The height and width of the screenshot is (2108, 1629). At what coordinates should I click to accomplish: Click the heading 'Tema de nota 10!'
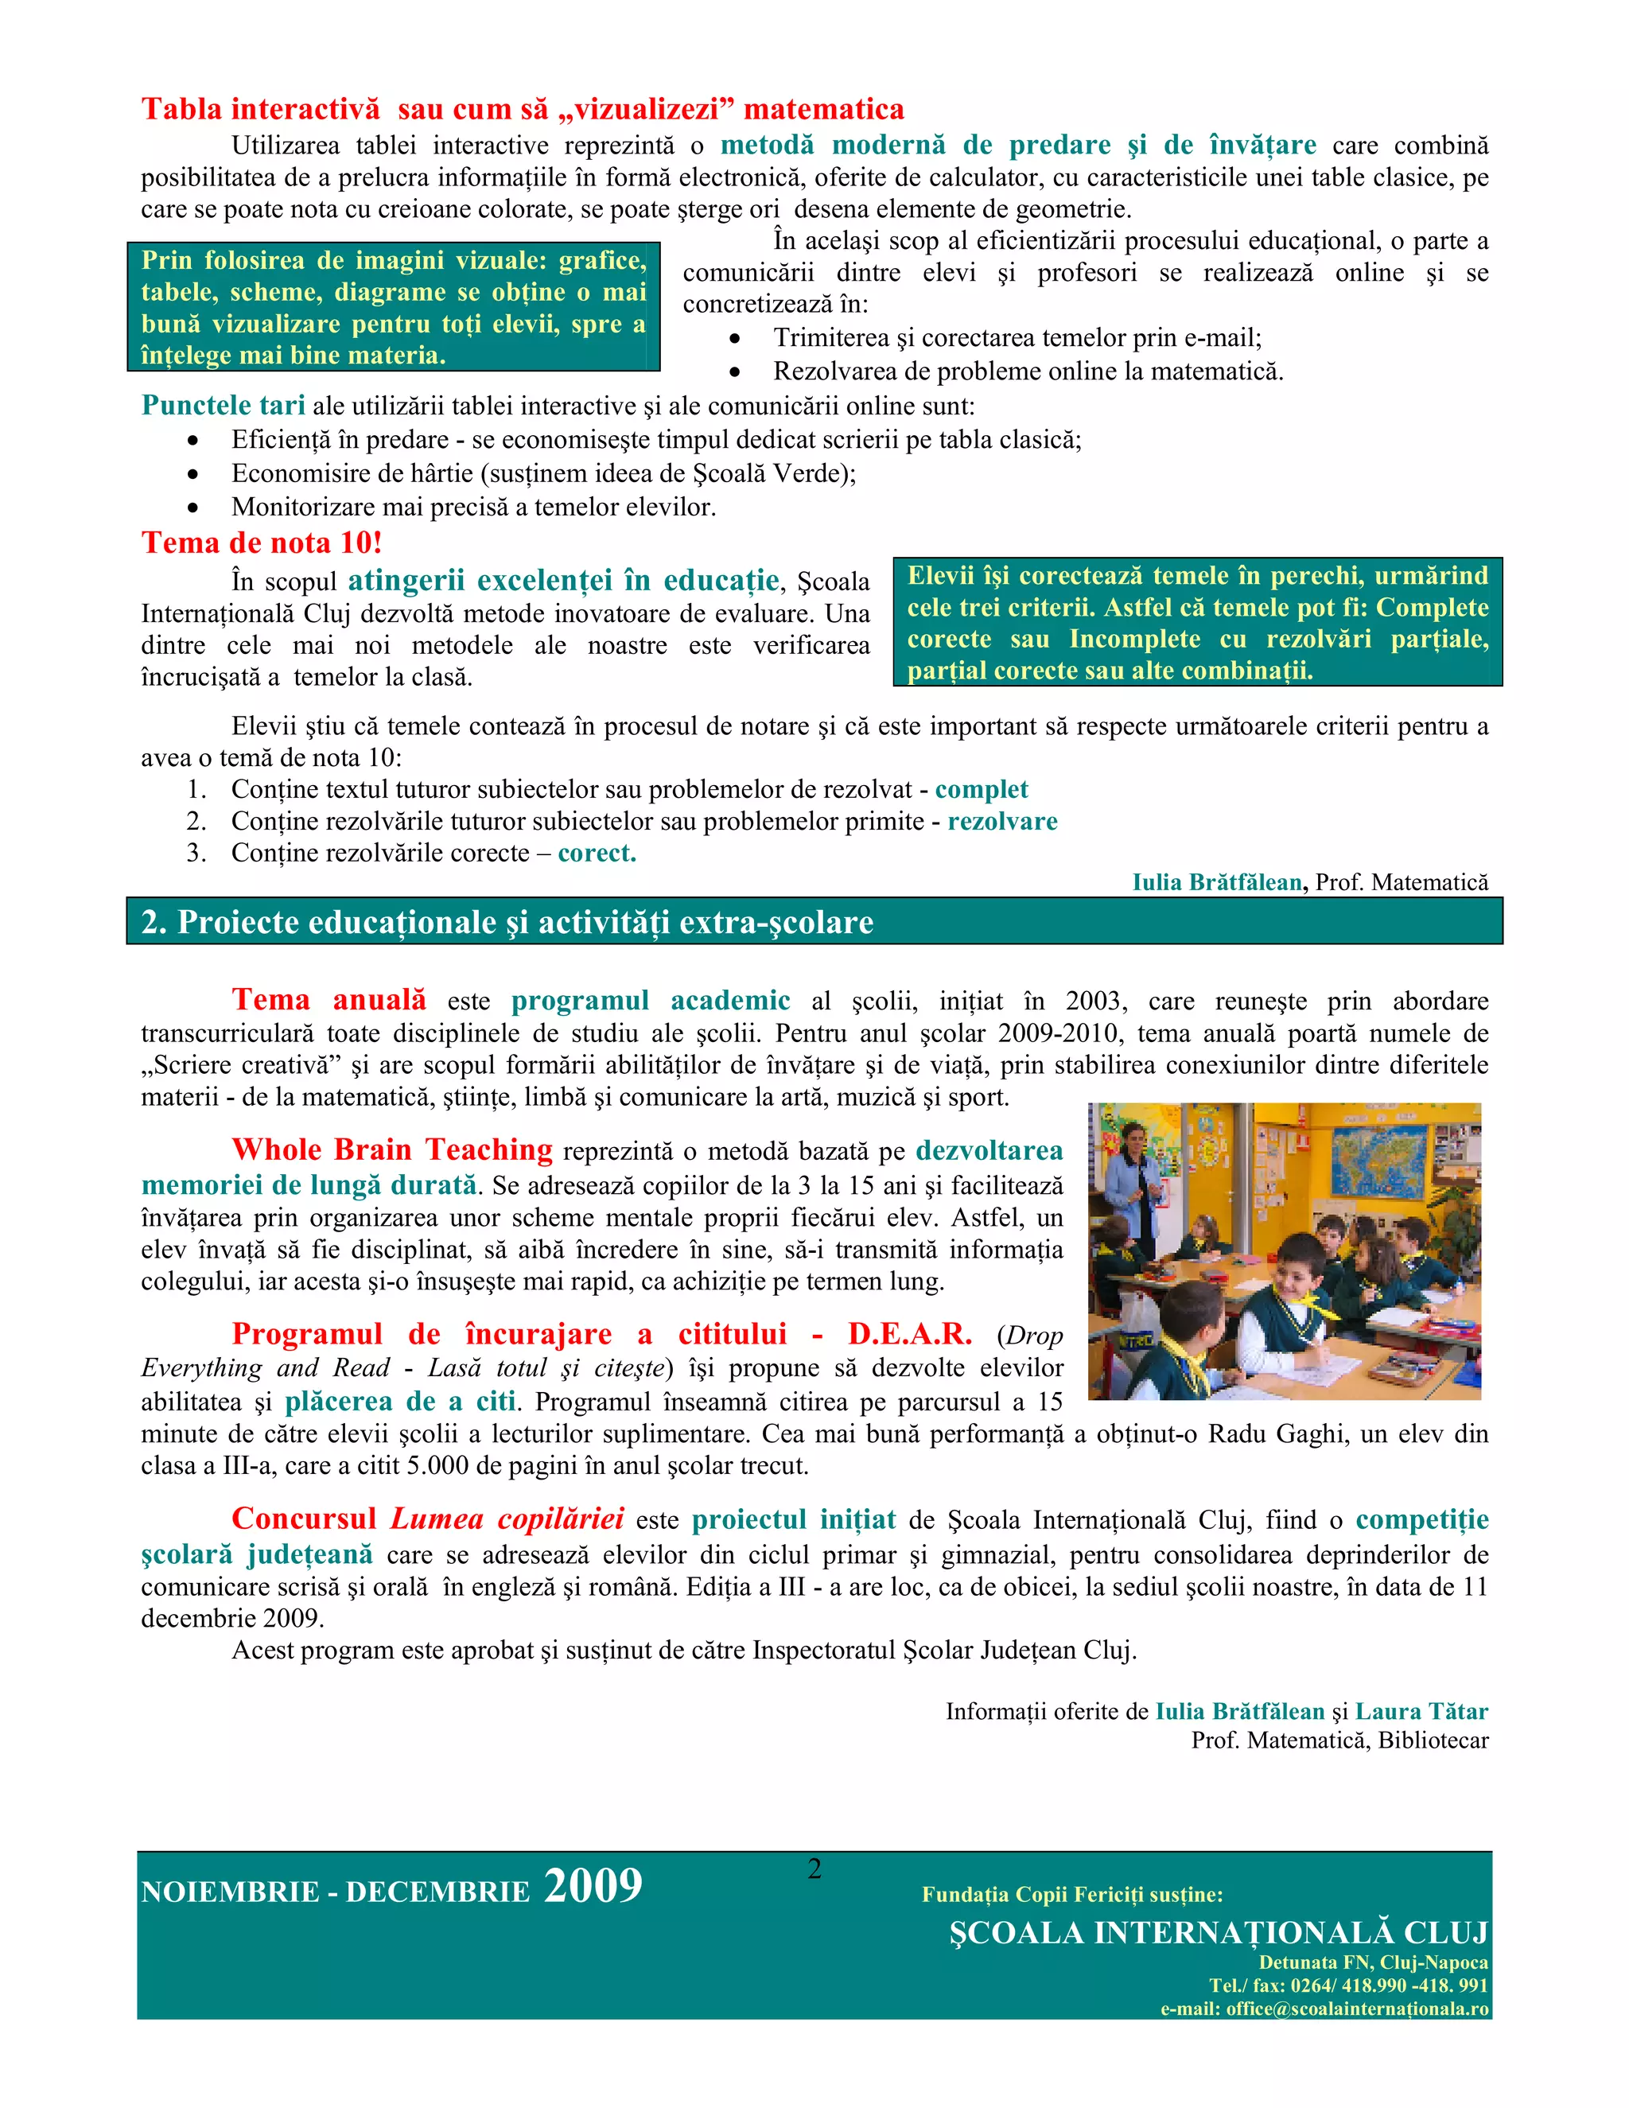262,543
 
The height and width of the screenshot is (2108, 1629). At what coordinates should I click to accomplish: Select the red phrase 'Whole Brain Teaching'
392,1149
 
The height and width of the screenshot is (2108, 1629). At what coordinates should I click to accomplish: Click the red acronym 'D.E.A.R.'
909,1334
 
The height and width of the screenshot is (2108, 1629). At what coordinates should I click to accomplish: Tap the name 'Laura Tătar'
1421,1711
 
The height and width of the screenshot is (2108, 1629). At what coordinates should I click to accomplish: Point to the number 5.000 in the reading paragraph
437,1466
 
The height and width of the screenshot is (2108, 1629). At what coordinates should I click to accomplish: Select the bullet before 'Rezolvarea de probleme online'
736,371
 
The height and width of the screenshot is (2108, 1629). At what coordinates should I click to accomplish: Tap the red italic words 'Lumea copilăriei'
507,1519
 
